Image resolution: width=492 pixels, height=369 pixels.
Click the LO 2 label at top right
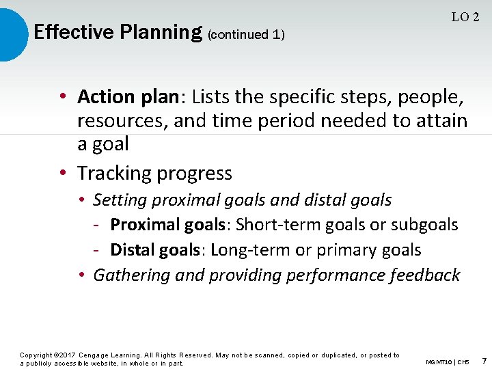pos(465,17)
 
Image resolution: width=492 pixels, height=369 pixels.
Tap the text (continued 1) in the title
pos(246,34)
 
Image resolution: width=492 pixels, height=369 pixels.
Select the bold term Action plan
pos(127,97)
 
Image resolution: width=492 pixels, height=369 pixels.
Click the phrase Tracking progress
pos(154,174)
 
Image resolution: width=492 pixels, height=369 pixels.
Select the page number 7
pos(484,360)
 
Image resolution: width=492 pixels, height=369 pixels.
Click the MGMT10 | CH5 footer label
pos(447,361)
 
